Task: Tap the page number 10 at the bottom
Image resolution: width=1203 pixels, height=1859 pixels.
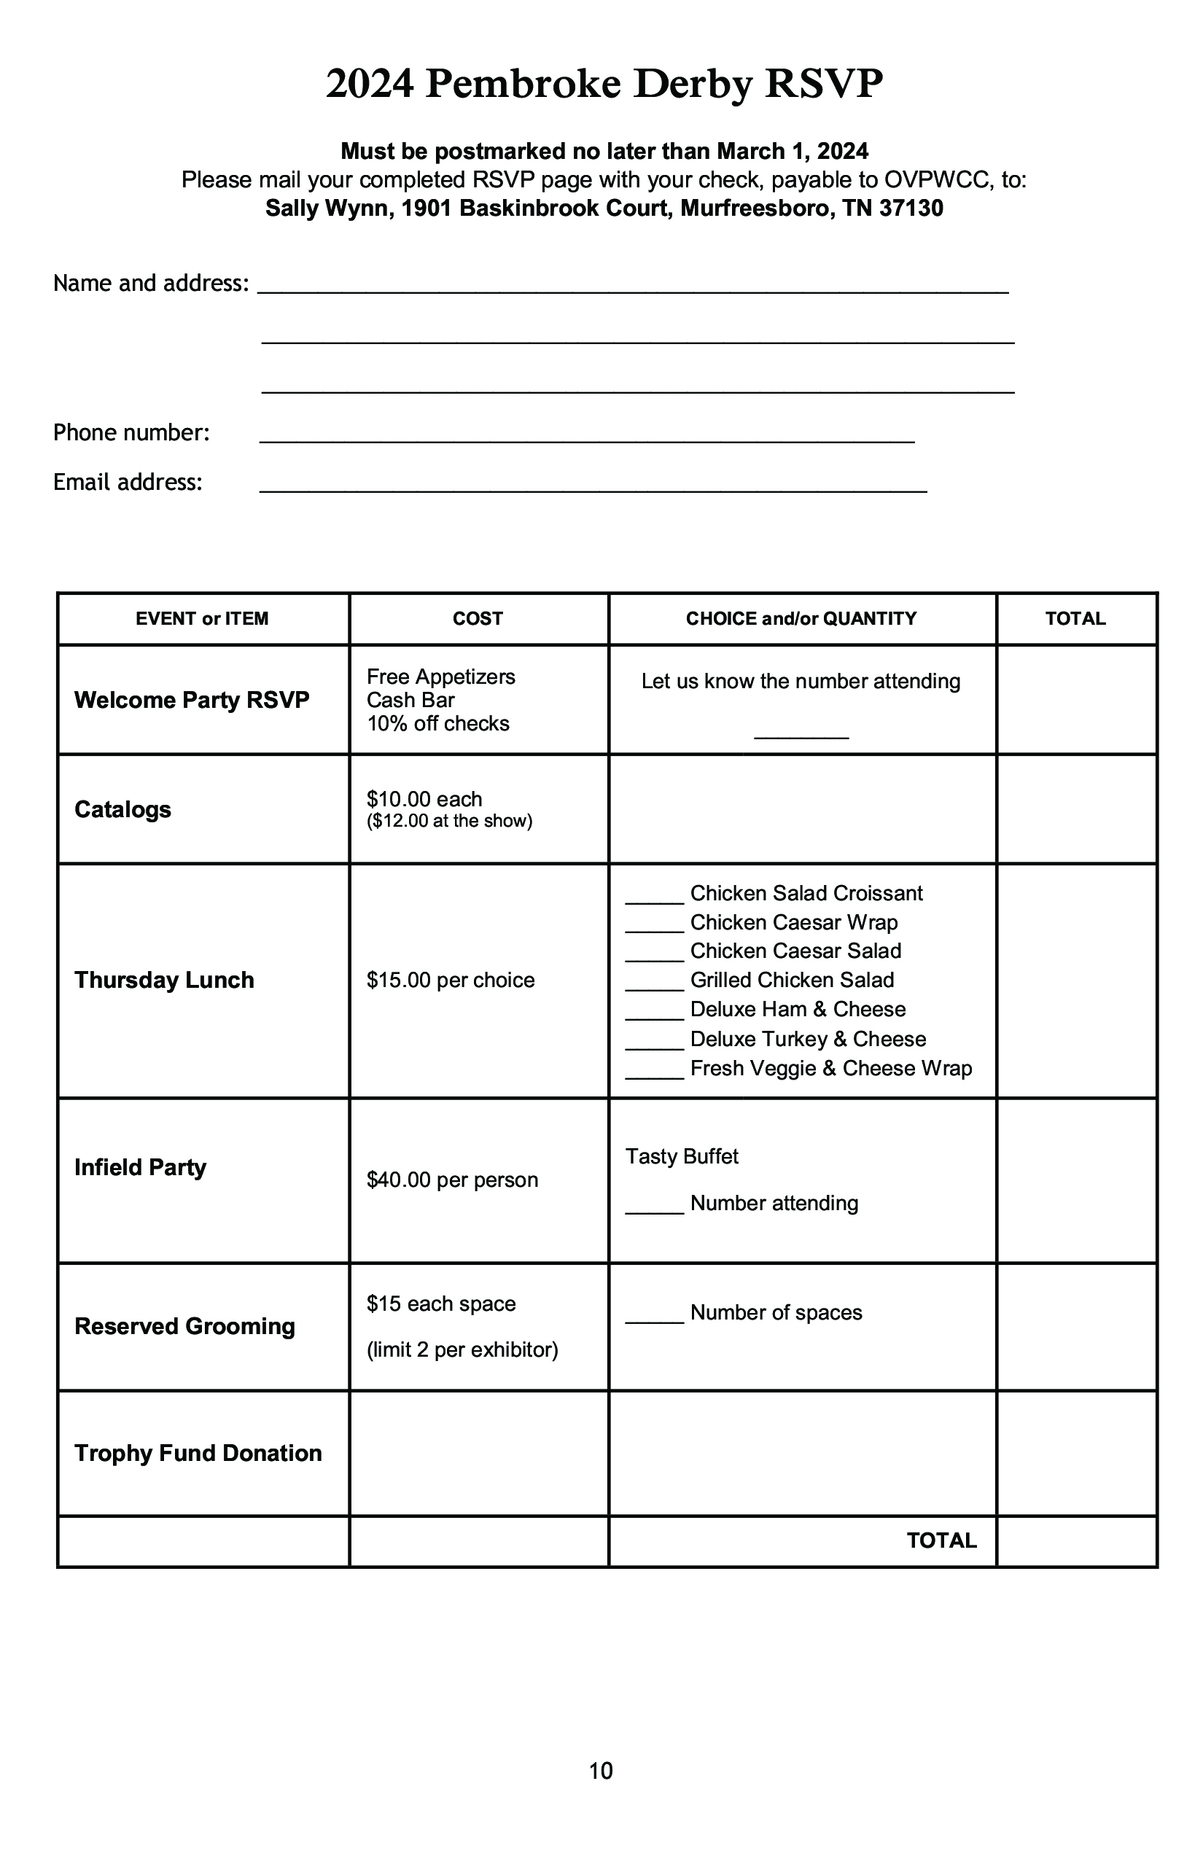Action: click(x=601, y=1771)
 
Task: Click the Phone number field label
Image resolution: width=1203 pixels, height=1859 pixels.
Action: click(x=131, y=433)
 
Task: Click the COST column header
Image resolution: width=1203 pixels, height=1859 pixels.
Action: click(x=478, y=619)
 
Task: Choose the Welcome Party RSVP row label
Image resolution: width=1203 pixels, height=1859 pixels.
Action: click(x=191, y=700)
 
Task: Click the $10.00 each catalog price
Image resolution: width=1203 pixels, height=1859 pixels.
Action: click(x=424, y=799)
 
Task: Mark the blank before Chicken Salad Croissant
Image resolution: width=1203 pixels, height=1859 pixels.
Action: click(x=654, y=898)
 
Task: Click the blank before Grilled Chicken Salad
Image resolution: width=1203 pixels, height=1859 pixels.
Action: click(x=654, y=985)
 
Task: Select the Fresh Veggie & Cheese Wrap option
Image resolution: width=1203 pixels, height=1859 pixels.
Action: click(x=830, y=1069)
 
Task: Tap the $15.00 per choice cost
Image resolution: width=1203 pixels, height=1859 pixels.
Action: click(x=450, y=981)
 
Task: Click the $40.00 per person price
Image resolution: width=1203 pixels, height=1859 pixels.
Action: click(x=451, y=1180)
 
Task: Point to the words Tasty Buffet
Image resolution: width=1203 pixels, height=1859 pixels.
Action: click(x=681, y=1156)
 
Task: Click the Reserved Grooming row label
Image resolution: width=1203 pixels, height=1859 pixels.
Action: click(x=184, y=1326)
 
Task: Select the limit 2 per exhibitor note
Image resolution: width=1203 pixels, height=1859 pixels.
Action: click(x=462, y=1349)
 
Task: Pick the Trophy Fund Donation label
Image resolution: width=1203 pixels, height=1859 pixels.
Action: click(x=198, y=1453)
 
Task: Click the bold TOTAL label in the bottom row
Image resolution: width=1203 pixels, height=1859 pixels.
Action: click(x=941, y=1540)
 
